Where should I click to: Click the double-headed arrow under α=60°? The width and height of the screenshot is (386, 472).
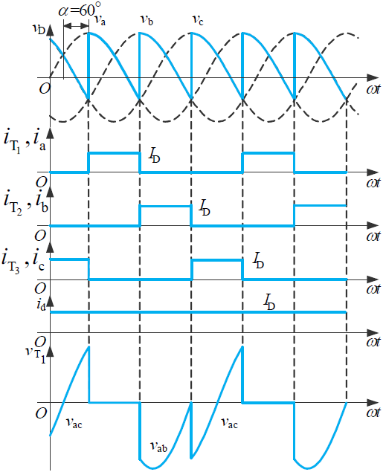[77, 26]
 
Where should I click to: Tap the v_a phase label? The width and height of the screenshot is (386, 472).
[100, 20]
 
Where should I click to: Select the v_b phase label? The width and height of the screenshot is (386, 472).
[147, 20]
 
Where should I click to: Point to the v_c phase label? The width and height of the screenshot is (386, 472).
[198, 20]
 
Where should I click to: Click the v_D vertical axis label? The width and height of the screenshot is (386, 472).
[39, 29]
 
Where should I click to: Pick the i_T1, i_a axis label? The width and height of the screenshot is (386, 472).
[25, 140]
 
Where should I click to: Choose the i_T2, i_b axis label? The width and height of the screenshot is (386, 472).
[26, 202]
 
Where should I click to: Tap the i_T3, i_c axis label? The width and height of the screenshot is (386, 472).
[23, 261]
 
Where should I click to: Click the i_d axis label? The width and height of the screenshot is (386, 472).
[41, 305]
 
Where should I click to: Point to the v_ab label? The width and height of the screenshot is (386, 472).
[158, 446]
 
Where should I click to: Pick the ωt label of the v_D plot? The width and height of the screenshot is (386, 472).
[373, 90]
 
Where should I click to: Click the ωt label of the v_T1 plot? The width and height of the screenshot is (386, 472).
[373, 413]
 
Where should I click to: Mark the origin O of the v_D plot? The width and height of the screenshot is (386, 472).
[45, 88]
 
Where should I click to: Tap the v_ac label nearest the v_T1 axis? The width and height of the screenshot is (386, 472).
[74, 423]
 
